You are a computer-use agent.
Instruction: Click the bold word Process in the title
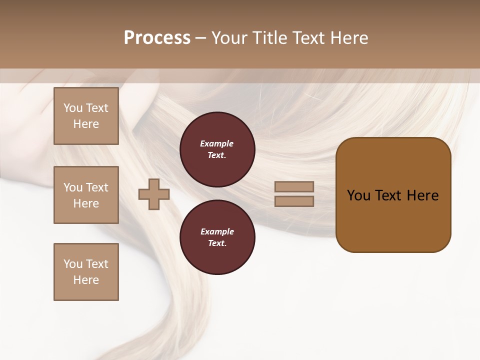point(157,38)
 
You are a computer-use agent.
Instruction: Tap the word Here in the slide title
point(348,38)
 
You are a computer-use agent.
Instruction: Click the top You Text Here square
point(86,116)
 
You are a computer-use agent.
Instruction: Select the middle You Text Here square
point(86,195)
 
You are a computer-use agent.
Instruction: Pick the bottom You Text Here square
point(86,272)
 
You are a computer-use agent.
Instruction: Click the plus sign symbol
point(154,194)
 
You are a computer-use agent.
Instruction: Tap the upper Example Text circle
point(217,149)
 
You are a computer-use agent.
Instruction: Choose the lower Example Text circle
point(217,237)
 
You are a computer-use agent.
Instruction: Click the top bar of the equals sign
point(294,187)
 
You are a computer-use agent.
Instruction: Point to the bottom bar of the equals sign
point(294,201)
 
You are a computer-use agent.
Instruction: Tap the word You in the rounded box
point(358,195)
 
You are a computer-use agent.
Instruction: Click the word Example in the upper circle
point(217,144)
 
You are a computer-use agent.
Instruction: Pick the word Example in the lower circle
point(217,232)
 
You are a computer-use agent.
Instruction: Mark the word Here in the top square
point(86,124)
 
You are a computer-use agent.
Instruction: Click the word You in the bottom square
point(73,264)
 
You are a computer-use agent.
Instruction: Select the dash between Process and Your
point(200,38)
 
